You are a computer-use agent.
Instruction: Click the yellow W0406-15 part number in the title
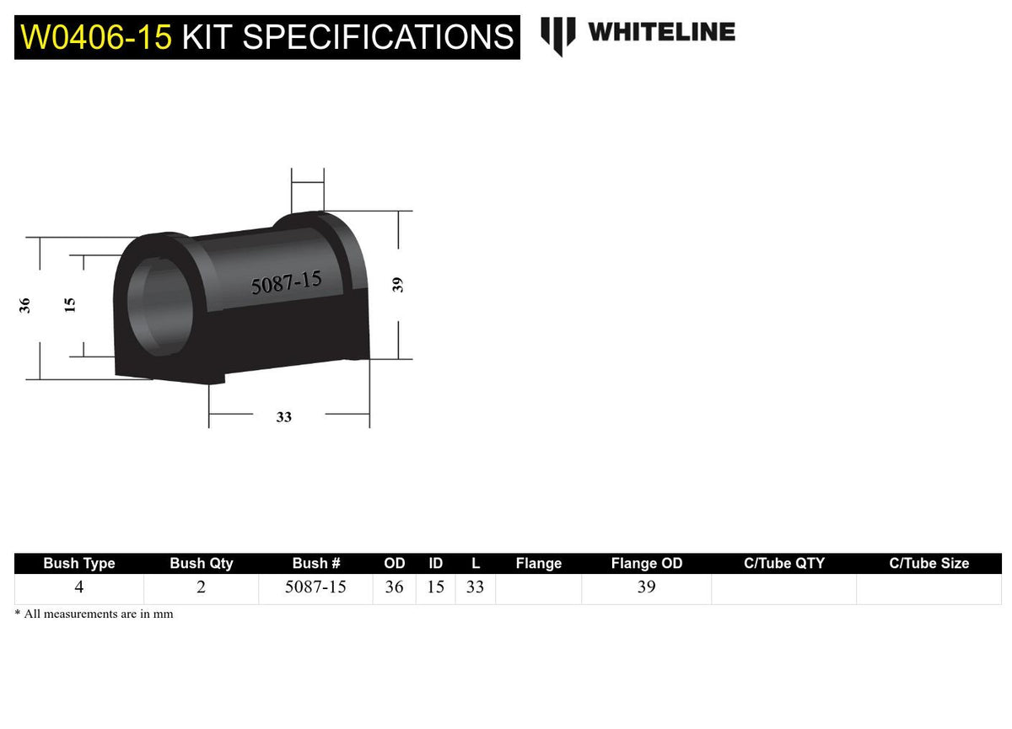(96, 37)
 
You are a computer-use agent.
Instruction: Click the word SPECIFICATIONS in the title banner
(378, 37)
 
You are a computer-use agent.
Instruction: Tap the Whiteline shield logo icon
(558, 36)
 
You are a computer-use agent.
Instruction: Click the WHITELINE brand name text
(661, 31)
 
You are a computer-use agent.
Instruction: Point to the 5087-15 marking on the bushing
(286, 282)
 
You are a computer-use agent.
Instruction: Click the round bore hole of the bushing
(160, 307)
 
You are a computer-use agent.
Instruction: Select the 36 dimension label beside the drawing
(24, 306)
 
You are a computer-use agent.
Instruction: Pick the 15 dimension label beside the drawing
(69, 305)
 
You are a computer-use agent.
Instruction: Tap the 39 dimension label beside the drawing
(397, 285)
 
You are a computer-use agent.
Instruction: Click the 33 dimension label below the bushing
(283, 417)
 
